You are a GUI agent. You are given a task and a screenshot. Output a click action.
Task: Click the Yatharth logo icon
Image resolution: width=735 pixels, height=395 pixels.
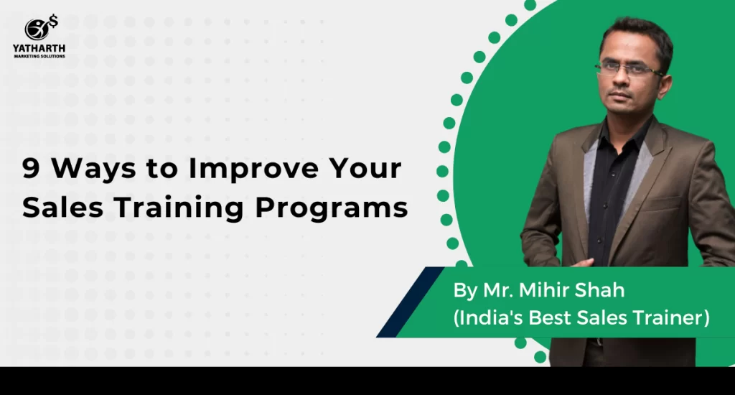click(41, 28)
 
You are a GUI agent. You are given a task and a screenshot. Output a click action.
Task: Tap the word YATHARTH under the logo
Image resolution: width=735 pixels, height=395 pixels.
click(39, 48)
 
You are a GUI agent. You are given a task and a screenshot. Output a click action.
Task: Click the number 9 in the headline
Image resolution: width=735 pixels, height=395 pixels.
click(31, 168)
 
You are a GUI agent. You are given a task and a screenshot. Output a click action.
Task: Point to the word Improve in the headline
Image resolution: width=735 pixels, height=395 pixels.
click(253, 169)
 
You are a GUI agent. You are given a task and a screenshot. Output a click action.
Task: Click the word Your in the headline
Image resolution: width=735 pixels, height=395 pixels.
click(365, 168)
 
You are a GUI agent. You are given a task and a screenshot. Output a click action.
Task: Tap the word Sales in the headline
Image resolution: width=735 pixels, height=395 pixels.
click(62, 207)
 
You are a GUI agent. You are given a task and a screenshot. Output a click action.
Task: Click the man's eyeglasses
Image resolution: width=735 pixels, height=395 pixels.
click(628, 68)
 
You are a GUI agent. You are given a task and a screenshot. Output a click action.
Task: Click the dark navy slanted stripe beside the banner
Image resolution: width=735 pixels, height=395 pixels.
click(411, 302)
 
